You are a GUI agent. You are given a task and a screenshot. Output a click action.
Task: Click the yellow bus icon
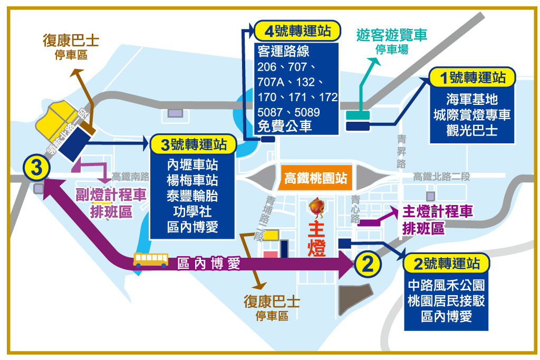click(x=151, y=259)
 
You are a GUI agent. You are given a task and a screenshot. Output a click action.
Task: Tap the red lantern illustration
click(x=316, y=208)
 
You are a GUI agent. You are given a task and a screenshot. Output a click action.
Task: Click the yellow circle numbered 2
click(x=369, y=261)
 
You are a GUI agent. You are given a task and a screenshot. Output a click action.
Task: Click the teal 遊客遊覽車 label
click(x=391, y=35)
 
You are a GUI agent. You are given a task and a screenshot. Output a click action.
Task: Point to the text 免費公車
click(x=285, y=126)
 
